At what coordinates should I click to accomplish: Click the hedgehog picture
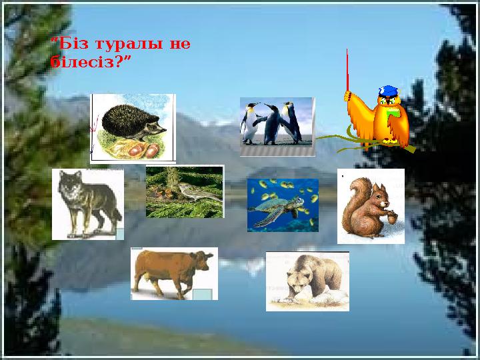click(133, 127)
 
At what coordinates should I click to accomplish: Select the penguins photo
click(276, 125)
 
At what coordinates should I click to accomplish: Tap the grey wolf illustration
click(87, 203)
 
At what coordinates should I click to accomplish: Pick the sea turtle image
click(283, 205)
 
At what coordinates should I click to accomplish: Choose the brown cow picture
click(173, 273)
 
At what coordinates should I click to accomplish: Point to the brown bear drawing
click(307, 281)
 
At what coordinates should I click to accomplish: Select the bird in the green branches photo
click(185, 191)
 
